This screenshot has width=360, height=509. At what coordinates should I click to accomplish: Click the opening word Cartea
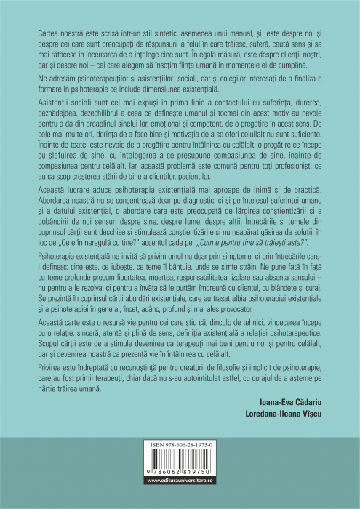[x=39, y=33]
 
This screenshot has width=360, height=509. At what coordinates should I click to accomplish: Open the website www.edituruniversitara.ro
[x=179, y=500]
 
